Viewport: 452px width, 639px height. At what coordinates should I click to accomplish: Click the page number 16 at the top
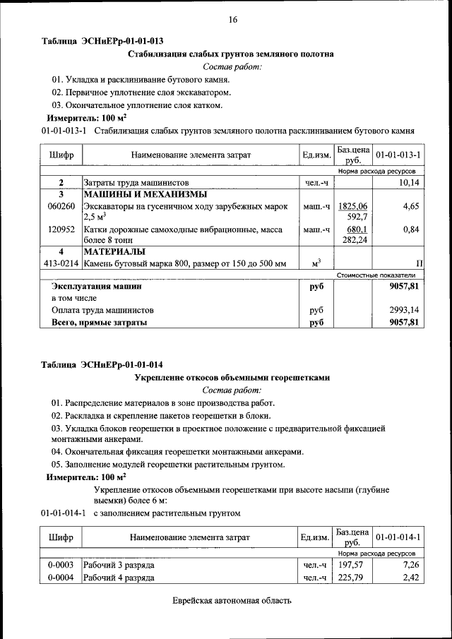click(x=232, y=20)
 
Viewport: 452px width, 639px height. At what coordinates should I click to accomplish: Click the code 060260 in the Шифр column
click(x=61, y=206)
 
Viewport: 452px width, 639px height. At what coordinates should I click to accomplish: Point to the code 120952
click(x=61, y=229)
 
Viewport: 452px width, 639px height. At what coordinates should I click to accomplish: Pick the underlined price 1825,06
click(x=353, y=206)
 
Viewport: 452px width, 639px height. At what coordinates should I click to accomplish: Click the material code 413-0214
click(x=61, y=263)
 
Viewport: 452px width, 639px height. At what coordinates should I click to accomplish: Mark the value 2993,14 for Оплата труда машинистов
click(x=405, y=310)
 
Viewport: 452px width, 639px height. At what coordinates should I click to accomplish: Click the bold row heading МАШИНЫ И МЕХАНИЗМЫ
click(x=145, y=194)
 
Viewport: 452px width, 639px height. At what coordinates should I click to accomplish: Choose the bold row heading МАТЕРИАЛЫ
click(x=115, y=252)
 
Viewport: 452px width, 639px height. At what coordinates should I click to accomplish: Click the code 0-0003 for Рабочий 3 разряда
click(x=61, y=566)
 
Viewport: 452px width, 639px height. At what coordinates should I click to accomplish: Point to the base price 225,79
click(x=350, y=578)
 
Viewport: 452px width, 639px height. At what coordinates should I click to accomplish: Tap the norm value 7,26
click(x=411, y=566)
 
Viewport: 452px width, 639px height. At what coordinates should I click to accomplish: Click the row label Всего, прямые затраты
click(x=100, y=322)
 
